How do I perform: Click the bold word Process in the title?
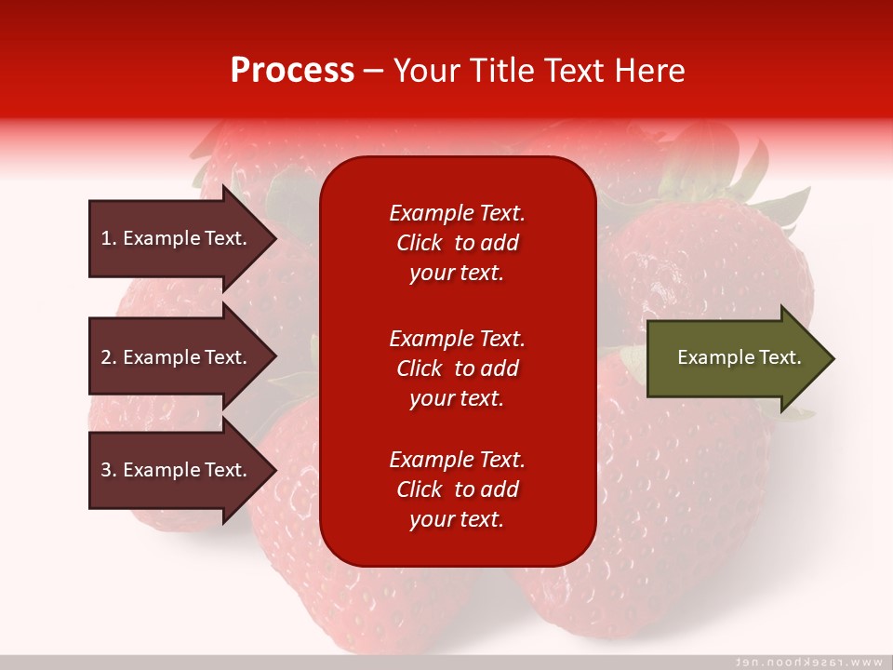click(292, 71)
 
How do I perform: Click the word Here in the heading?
click(648, 71)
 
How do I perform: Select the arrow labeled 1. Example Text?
click(183, 238)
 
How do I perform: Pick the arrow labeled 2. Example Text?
click(183, 356)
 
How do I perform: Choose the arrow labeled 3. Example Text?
click(183, 469)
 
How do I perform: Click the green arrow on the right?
click(741, 358)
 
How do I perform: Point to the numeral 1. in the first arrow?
click(108, 238)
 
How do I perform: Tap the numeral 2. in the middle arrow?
click(108, 357)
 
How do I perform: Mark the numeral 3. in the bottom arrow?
click(108, 469)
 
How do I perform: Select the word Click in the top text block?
click(420, 243)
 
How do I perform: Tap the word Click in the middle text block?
click(420, 368)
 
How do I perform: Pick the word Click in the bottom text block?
click(420, 489)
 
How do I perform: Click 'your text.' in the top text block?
click(457, 273)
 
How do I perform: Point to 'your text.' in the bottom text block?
click(457, 519)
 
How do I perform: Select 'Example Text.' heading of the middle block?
click(457, 339)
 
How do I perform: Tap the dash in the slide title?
click(374, 73)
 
